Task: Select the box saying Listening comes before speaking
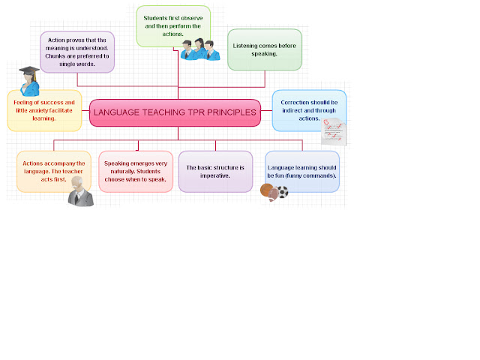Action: pyautogui.click(x=264, y=49)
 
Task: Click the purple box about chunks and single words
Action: pyautogui.click(x=77, y=51)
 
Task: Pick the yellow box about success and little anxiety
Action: pyautogui.click(x=45, y=109)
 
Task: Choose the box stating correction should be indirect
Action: pyautogui.click(x=308, y=109)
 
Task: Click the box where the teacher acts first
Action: pyautogui.click(x=53, y=170)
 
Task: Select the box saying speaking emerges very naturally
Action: pyautogui.click(x=135, y=171)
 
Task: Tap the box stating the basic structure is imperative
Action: pyautogui.click(x=215, y=171)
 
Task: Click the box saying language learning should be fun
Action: pyautogui.click(x=302, y=171)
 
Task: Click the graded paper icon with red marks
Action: pyautogui.click(x=334, y=130)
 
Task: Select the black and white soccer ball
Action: pyautogui.click(x=283, y=192)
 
